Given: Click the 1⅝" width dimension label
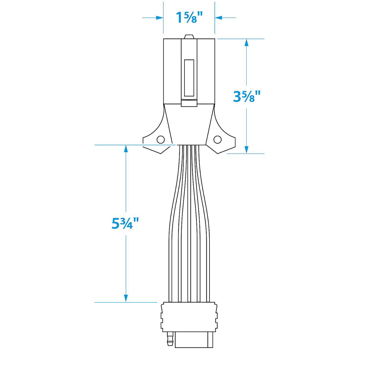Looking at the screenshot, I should (x=189, y=17).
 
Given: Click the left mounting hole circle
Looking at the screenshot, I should (x=160, y=140).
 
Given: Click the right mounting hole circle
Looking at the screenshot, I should (x=217, y=139).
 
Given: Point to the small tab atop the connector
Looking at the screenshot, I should (x=189, y=37).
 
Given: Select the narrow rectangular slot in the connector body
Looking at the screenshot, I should (x=189, y=78).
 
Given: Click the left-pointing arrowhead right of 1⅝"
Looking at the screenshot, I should (x=219, y=18).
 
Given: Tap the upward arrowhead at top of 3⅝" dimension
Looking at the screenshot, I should (x=246, y=42).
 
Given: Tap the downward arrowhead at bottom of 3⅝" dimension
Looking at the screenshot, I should (x=246, y=150).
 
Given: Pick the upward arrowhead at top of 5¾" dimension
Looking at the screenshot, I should (x=126, y=149).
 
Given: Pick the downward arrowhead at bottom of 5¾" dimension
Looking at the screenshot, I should (x=126, y=298).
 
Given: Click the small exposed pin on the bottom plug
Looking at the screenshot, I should (x=170, y=339).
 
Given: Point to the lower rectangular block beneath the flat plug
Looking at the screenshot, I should (x=194, y=340).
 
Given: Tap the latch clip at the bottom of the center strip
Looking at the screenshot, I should (x=189, y=103).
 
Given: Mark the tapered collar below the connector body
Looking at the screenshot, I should (x=189, y=125).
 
